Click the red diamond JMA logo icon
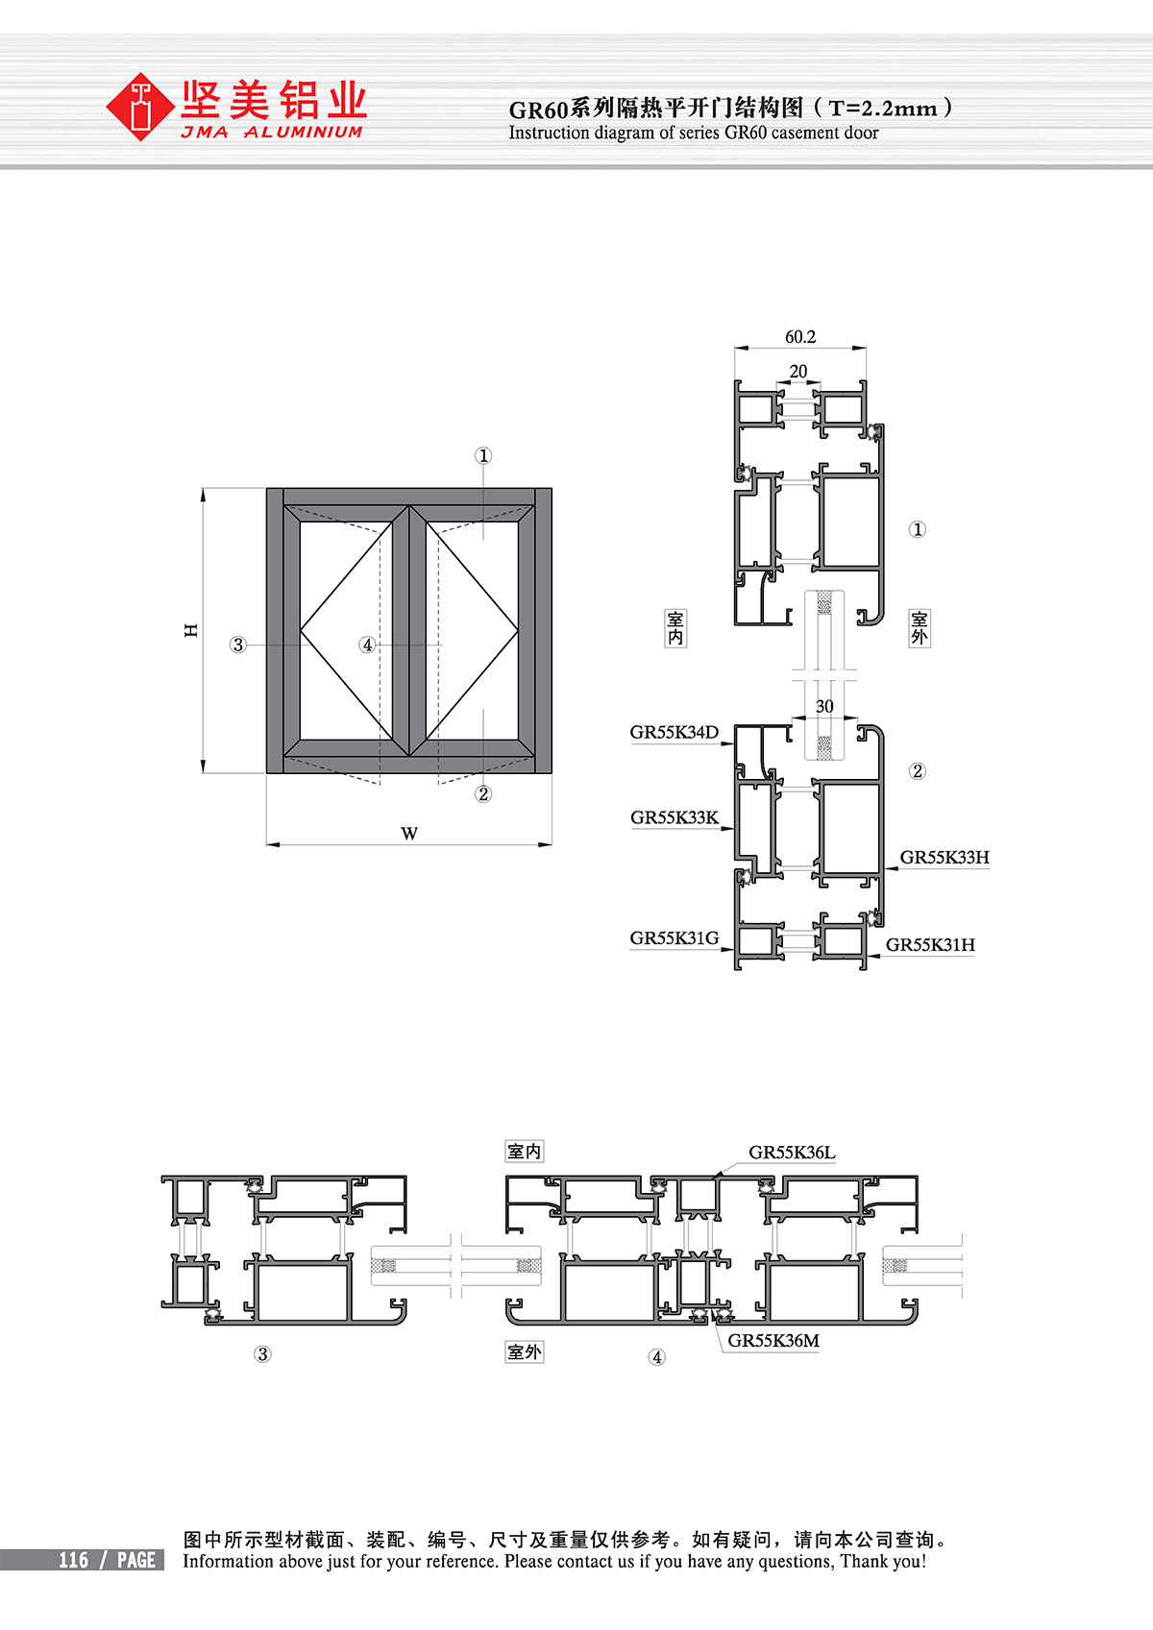139,107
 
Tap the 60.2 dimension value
800,337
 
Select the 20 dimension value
797,371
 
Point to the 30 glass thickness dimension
824,706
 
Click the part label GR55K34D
675,732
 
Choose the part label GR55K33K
675,817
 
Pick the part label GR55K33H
944,857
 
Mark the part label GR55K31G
675,938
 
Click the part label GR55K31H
929,944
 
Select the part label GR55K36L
792,1152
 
